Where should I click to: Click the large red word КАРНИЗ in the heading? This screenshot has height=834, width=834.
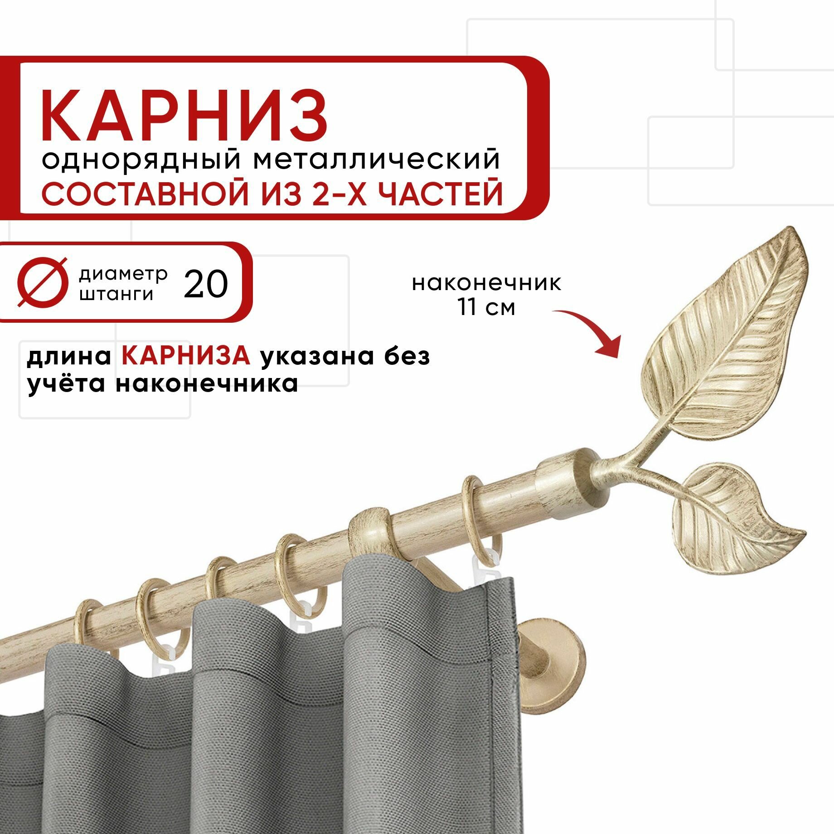tap(184, 116)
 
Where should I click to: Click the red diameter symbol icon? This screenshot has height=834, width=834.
tap(42, 282)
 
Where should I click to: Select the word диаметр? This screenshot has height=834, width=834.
tap(123, 274)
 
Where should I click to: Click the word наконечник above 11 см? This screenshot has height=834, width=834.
tap(486, 283)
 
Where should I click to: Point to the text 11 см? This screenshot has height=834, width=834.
tap(486, 307)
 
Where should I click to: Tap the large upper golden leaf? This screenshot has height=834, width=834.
tap(721, 326)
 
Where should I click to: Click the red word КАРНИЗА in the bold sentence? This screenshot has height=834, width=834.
tap(186, 356)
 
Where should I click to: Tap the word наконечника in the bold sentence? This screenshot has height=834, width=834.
tap(207, 383)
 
